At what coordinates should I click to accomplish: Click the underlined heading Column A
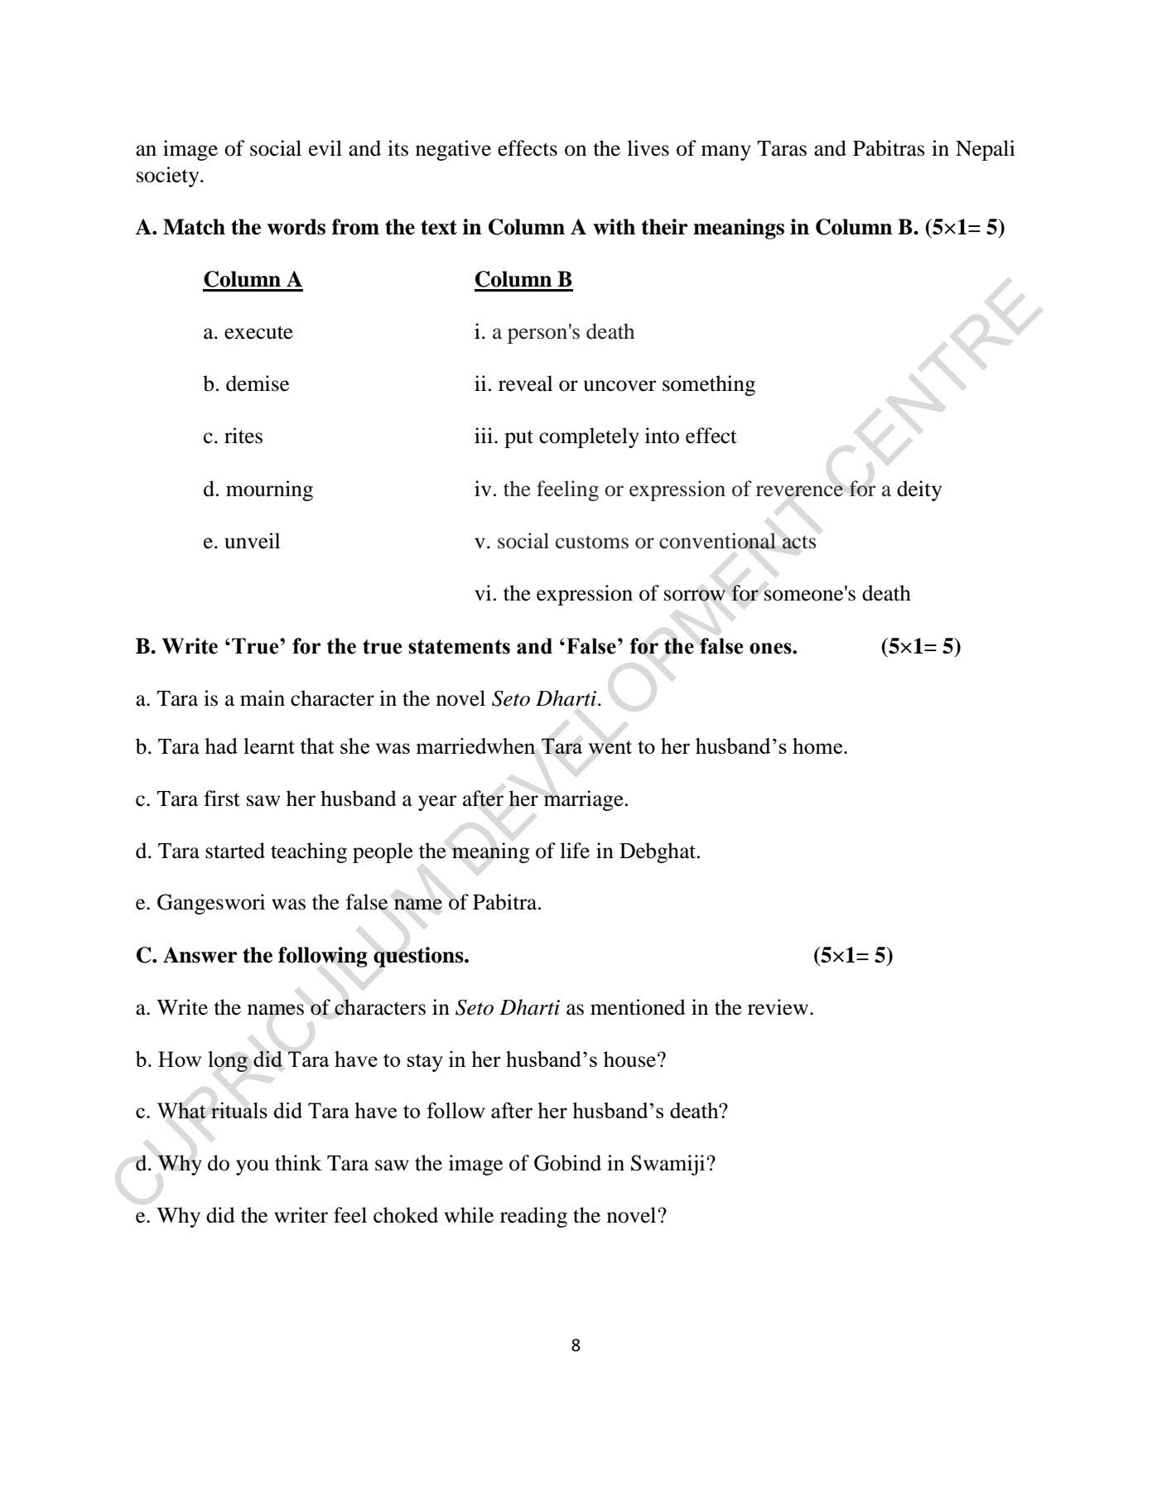pos(253,280)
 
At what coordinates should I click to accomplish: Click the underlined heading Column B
pos(523,280)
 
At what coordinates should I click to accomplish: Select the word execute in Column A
pos(258,332)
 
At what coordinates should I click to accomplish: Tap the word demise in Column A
pos(258,384)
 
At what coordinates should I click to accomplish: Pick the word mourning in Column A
pos(269,490)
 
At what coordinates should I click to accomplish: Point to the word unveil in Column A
pos(252,542)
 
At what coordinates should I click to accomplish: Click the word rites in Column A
pos(243,437)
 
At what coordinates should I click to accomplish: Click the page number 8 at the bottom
pos(576,1346)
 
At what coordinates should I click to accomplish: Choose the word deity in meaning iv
pos(918,490)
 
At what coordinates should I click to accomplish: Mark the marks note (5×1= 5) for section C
pos(853,956)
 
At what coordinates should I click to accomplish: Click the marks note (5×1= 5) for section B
pos(921,647)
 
